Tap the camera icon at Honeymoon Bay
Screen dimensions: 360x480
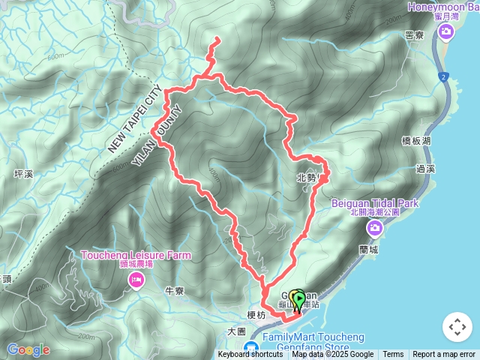click(447, 31)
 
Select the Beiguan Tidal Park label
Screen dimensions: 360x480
click(375, 202)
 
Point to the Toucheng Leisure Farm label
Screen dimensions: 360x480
click(136, 255)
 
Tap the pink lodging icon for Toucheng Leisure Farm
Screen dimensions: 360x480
click(136, 280)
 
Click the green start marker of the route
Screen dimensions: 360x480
click(298, 301)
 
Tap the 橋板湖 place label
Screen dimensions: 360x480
click(415, 140)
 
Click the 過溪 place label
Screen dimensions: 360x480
click(426, 169)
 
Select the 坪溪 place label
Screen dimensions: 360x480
click(24, 174)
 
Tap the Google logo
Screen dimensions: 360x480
click(28, 349)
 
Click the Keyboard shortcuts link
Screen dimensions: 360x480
click(250, 355)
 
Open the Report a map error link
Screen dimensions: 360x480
click(444, 355)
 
